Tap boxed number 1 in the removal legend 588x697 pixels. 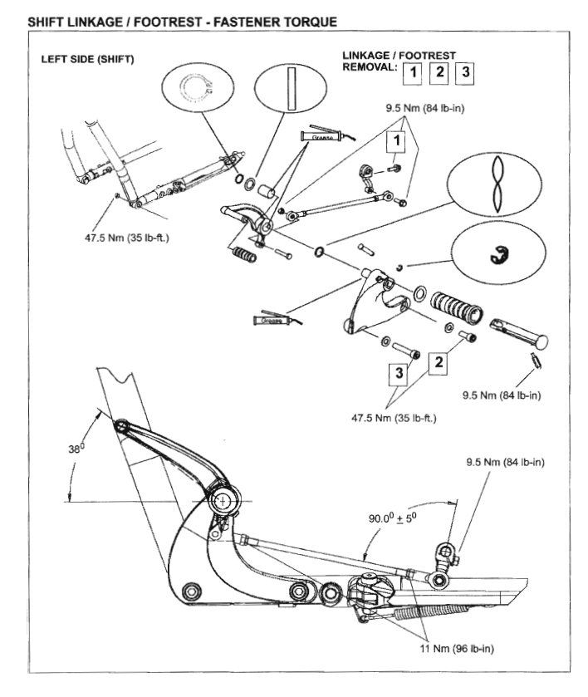pos(411,73)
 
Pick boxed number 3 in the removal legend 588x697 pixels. pos(467,73)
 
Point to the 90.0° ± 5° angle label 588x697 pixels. pos(398,517)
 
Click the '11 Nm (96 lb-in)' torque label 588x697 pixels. pos(454,647)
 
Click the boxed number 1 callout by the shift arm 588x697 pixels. pos(399,143)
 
